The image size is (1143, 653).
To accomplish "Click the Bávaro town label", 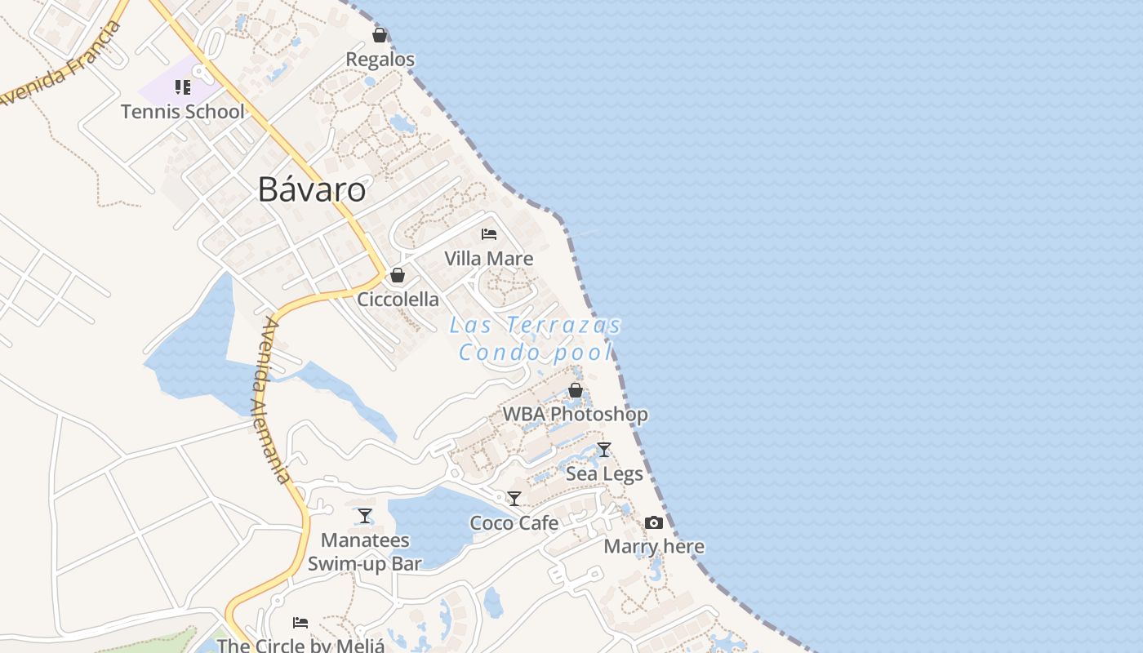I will coord(312,189).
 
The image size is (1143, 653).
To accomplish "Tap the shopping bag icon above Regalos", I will coord(380,35).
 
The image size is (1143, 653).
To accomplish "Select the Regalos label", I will coord(380,60).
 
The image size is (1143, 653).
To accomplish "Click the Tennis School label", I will coord(182,112).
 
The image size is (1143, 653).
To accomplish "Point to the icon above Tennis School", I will coord(182,87).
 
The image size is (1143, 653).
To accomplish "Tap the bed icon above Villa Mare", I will coord(489,234).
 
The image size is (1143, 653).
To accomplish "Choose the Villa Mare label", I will coord(489,259).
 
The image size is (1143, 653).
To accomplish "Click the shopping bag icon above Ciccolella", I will coord(398,275).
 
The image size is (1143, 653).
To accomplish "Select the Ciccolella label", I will coord(398,300).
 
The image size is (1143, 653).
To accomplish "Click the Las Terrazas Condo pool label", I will coord(536,339).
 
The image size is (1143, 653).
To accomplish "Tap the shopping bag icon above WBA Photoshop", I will coord(576,390).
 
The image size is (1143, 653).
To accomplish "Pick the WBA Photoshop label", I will coord(576,415).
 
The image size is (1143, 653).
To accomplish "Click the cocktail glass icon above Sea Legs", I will coord(604,450).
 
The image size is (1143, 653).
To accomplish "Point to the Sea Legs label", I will coord(604,474).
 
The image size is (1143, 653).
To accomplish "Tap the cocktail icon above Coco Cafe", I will coord(514,499).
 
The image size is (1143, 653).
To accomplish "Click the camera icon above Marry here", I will coord(654,522).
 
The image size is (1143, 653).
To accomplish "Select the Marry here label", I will coord(654,547).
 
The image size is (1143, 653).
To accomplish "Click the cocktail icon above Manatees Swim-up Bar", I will coord(365,516).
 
